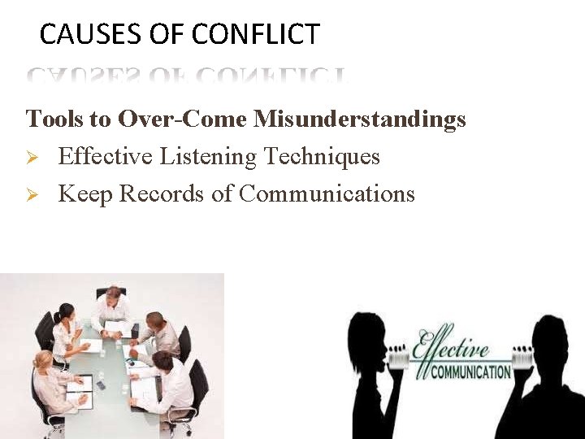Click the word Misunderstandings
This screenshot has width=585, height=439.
tap(359, 119)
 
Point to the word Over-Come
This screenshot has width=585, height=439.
tap(183, 119)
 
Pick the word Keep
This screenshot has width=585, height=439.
tap(86, 193)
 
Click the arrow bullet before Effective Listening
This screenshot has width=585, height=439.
tap(33, 157)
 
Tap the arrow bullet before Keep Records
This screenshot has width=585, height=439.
tap(33, 194)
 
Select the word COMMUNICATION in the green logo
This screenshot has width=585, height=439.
tap(471, 372)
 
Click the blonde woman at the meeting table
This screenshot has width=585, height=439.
tap(48, 373)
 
